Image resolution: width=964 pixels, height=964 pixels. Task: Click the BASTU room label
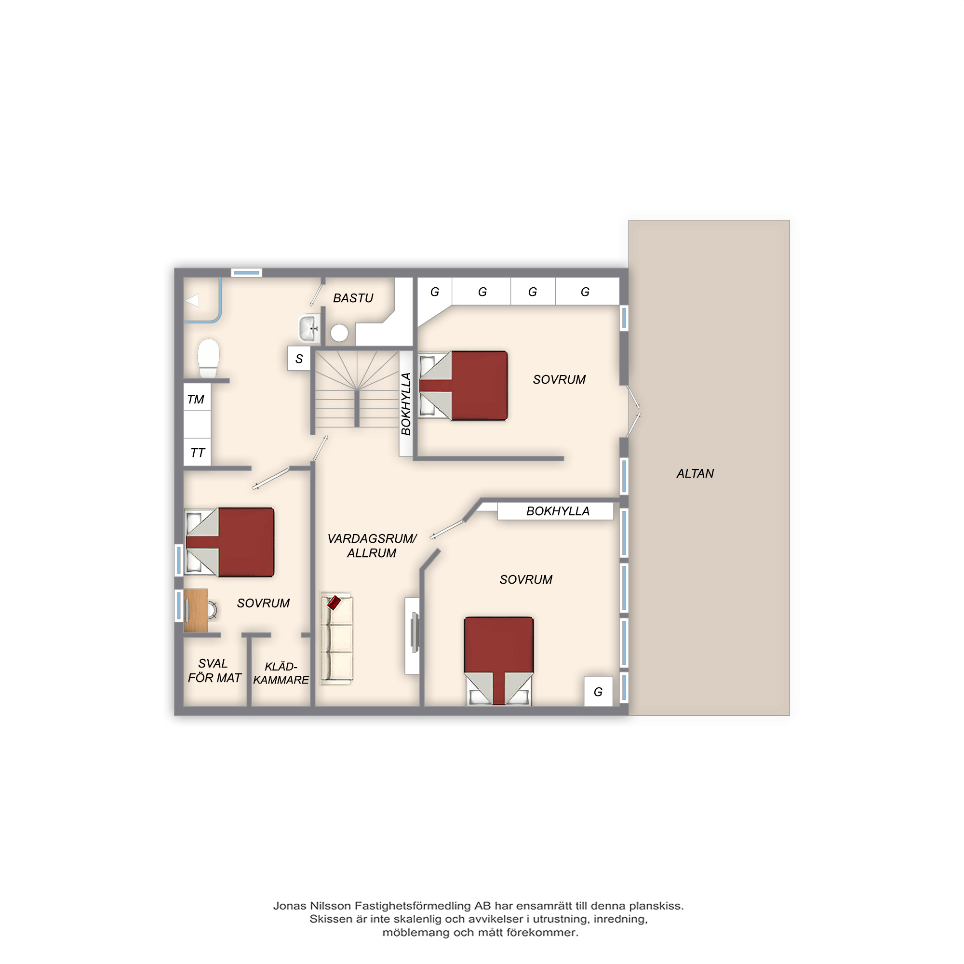pos(353,298)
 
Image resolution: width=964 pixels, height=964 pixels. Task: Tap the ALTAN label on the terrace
pos(695,473)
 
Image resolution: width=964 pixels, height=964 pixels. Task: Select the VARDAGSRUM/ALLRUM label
pos(372,546)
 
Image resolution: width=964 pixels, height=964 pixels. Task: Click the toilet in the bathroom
pos(209,358)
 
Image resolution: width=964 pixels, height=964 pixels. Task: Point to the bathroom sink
pos(309,328)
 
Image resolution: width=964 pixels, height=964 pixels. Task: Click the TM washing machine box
pos(197,397)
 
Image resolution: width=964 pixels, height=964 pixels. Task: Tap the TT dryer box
pos(197,452)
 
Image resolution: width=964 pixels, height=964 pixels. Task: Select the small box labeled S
pos(299,358)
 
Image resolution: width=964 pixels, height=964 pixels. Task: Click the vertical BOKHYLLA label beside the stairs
pos(406,403)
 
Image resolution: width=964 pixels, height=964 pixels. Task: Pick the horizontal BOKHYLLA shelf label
pos(558,511)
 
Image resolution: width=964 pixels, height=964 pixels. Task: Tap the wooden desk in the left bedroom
pos(196,611)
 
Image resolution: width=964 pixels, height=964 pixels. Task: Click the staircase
pos(357,389)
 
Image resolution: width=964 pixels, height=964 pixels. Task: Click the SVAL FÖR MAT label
pos(214,670)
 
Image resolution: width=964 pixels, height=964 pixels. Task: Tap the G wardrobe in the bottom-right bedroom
pos(598,691)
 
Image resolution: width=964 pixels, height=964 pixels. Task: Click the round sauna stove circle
pos(339,333)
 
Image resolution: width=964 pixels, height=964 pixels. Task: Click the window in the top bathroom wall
pos(246,273)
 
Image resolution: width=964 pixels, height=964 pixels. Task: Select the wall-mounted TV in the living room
pos(414,632)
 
